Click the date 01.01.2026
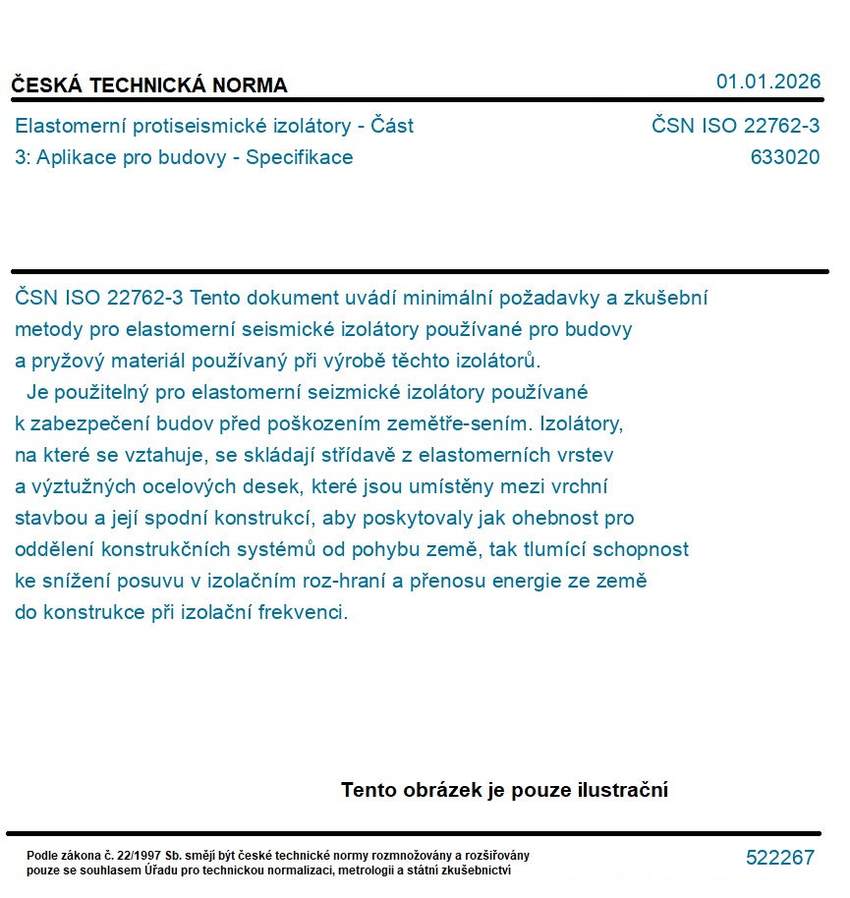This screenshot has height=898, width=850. click(x=767, y=82)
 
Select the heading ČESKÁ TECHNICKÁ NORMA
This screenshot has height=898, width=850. click(x=149, y=85)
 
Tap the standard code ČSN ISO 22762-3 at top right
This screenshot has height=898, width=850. click(x=735, y=126)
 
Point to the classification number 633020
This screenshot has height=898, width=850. click(x=784, y=157)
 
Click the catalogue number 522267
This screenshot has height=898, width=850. click(x=779, y=858)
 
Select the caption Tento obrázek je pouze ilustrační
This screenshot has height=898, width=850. click(x=504, y=790)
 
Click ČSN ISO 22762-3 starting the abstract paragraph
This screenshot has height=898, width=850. click(x=99, y=298)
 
